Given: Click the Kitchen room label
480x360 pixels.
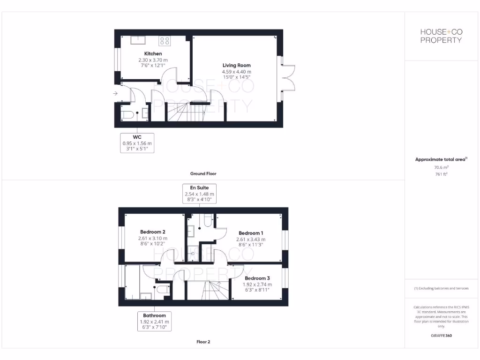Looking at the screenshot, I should point(153,54).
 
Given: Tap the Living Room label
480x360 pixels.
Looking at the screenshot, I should point(236,66).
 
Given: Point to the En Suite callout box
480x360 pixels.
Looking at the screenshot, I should point(200,194).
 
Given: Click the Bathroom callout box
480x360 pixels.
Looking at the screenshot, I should point(154,322).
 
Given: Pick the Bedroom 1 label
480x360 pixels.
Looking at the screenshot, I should point(251,233).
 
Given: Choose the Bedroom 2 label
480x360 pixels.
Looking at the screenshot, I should point(153,232).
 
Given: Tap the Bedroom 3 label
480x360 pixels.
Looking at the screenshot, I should point(257,278).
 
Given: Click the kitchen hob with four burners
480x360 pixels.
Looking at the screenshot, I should point(165,41).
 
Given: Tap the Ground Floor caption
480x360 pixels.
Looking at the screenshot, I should point(203,173).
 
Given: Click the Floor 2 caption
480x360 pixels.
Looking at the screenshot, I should point(203,342).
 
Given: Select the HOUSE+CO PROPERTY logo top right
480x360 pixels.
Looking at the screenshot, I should point(441,36).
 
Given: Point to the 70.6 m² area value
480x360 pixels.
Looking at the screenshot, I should point(441,166).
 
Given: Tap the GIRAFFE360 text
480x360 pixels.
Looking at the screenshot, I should point(441,336).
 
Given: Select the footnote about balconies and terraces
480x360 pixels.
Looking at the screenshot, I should point(441,288).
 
